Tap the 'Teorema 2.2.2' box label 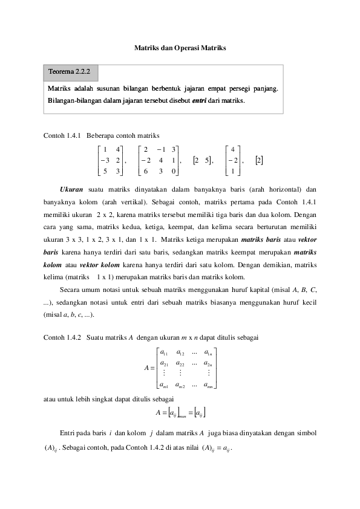coord(70,73)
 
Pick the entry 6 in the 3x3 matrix coord(146,171)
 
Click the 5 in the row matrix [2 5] coord(208,160)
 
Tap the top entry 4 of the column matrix coord(233,149)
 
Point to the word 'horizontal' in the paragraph coord(279,189)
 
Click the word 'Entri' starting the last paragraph coord(68,433)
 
